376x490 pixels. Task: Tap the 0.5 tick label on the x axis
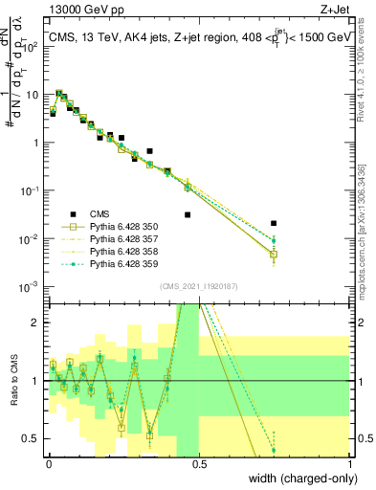click(x=199, y=463)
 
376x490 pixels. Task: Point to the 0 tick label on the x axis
click(x=48, y=463)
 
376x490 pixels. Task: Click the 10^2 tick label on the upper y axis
click(x=32, y=46)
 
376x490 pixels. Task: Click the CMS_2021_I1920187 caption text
click(x=199, y=286)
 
